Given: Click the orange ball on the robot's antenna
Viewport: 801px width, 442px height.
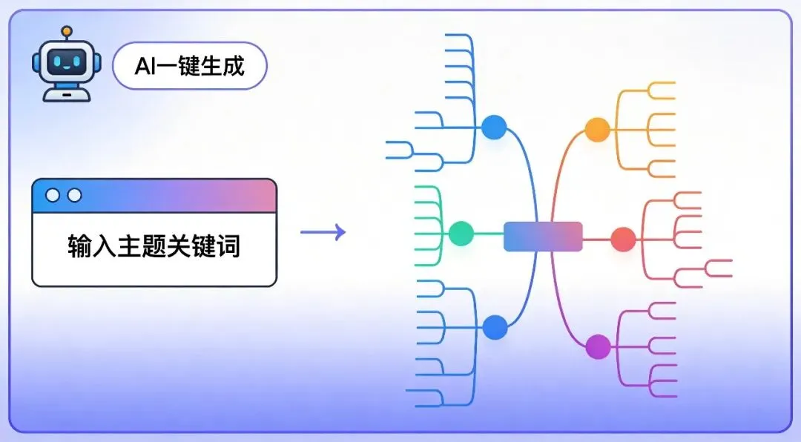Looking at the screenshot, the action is point(67,32).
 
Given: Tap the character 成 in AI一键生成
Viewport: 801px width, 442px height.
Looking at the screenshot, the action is point(234,66).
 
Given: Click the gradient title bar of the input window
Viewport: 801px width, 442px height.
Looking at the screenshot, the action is point(154,197).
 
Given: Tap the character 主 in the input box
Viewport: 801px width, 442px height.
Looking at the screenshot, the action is point(129,245).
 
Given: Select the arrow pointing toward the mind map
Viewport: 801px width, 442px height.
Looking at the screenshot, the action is point(323,232).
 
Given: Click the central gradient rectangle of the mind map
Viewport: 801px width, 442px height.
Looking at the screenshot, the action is point(543,237).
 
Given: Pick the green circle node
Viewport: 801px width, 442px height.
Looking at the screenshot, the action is point(461,234).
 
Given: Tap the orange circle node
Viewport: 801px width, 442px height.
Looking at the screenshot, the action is point(597,130).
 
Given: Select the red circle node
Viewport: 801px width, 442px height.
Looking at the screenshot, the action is point(623,239).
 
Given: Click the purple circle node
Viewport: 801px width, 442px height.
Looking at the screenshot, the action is point(599,346).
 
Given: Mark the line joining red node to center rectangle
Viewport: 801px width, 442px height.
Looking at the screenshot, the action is point(596,239).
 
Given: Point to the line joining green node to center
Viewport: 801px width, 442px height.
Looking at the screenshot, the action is point(489,234).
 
